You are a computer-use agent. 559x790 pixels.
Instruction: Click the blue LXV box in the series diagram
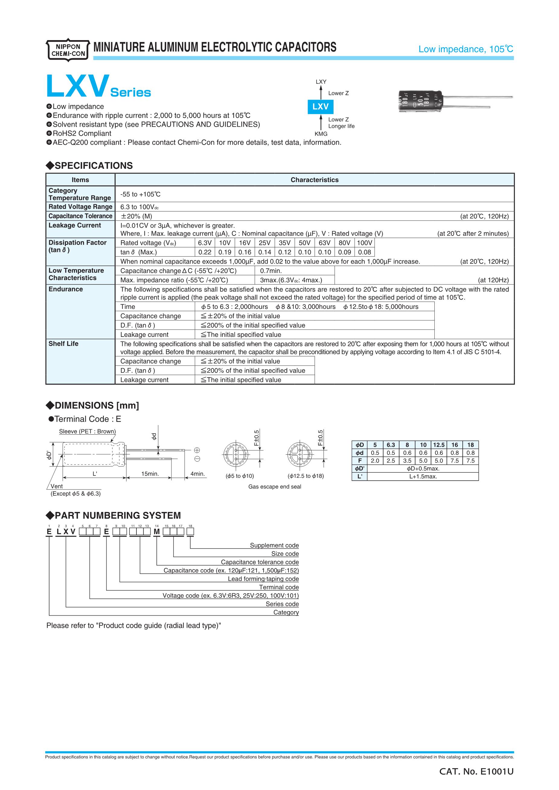tap(321, 107)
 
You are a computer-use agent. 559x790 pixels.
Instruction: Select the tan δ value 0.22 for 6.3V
tap(205, 252)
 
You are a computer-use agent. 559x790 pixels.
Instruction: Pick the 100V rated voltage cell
tap(365, 243)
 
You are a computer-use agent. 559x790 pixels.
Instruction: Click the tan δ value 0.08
tap(365, 252)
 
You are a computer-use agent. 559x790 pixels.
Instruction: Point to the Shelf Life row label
tap(63, 344)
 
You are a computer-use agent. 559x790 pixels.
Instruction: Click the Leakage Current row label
tap(75, 225)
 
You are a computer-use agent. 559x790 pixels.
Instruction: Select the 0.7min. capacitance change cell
tap(271, 271)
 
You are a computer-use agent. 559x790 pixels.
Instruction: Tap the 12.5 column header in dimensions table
tap(439, 445)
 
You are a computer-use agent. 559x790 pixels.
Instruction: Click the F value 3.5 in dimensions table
tap(407, 461)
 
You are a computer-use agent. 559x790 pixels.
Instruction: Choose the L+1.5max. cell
tap(423, 477)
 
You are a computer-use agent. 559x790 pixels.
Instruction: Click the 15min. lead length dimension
tap(150, 474)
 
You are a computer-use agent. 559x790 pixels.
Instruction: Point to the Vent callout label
tap(56, 486)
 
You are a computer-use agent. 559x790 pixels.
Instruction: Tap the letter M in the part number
tap(157, 532)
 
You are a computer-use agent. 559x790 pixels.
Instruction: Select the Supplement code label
tap(274, 545)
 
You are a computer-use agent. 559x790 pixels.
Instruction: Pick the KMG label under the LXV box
tap(321, 134)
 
